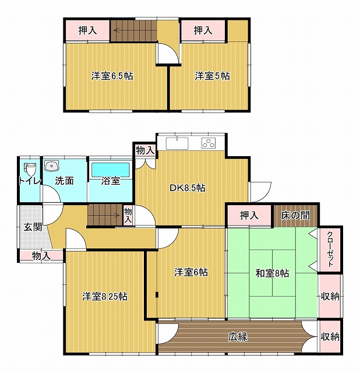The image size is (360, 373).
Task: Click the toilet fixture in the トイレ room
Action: click(x=30, y=169)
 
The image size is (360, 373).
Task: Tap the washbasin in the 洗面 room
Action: click(x=51, y=166)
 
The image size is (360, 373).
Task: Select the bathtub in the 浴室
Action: click(x=111, y=170)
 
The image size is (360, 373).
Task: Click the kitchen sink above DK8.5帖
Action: click(x=177, y=143)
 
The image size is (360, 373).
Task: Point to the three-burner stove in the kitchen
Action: click(x=209, y=143)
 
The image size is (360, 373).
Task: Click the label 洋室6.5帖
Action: click(x=112, y=76)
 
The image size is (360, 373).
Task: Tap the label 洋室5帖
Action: click(x=213, y=76)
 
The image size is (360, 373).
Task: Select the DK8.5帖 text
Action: click(x=188, y=188)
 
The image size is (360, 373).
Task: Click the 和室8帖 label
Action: click(x=272, y=273)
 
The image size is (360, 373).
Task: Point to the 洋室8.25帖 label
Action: click(x=105, y=297)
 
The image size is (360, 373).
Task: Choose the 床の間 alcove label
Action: click(x=295, y=216)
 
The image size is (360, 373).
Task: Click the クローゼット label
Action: click(x=330, y=249)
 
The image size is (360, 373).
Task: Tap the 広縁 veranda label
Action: click(x=238, y=337)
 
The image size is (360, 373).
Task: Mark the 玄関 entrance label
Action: click(x=33, y=227)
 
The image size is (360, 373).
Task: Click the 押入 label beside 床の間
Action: click(x=249, y=215)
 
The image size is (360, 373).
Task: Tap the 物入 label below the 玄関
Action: click(x=41, y=256)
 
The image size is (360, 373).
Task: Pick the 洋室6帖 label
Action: click(x=191, y=272)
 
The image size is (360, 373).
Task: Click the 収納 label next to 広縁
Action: click(x=330, y=337)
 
